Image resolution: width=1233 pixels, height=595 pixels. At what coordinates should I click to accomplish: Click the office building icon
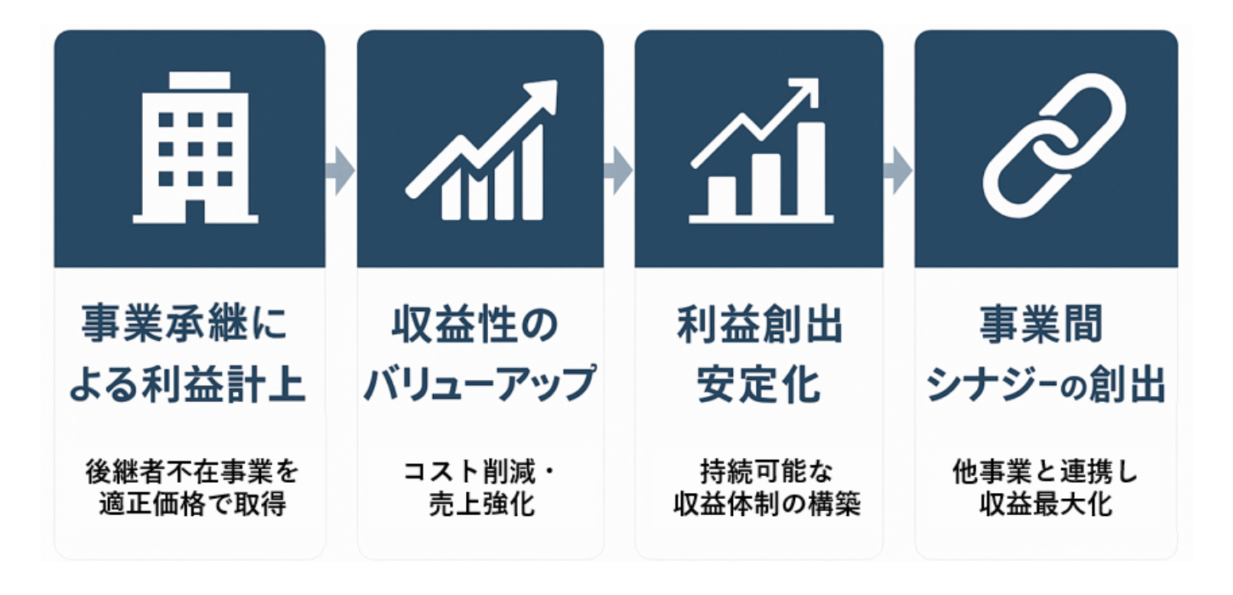196,148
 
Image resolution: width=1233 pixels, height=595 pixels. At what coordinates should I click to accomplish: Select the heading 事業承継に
185,324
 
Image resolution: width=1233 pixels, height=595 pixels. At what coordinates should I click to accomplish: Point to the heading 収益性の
475,325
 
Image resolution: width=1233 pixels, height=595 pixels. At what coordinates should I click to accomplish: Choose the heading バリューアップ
480,383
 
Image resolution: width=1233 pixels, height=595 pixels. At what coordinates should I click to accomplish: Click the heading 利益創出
759,325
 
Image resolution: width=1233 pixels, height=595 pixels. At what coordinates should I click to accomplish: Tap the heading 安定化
759,383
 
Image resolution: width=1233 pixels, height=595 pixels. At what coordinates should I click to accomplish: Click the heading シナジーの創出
1046,385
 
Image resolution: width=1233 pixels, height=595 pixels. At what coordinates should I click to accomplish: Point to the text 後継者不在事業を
192,472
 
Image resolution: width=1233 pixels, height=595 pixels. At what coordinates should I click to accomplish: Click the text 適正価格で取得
193,504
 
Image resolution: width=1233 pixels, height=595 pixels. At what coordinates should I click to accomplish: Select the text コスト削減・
480,472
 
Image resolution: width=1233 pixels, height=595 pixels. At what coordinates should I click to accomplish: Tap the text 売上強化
481,504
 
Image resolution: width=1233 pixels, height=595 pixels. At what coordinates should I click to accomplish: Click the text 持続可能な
766,472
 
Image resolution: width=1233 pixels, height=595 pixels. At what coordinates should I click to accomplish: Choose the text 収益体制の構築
767,504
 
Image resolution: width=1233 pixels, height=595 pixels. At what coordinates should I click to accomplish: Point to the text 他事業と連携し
1045,472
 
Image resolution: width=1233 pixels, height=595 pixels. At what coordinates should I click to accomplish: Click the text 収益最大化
1046,504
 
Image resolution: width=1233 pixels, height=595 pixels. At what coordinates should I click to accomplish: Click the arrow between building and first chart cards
340,171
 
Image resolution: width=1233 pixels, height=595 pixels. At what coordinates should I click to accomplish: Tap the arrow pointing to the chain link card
898,171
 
